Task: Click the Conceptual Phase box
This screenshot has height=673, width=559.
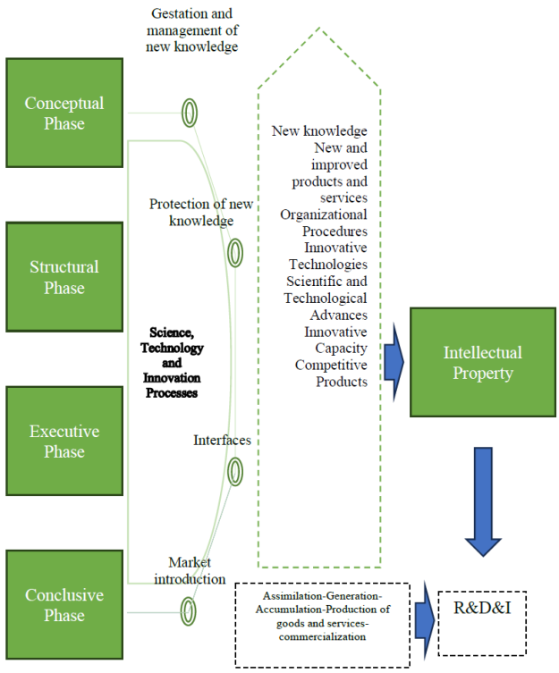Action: [64, 114]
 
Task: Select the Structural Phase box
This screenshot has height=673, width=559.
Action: [64, 277]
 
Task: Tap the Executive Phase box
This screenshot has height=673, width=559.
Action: [64, 442]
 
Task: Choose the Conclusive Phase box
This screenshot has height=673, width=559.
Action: [64, 605]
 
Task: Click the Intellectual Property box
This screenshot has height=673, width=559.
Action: [483, 362]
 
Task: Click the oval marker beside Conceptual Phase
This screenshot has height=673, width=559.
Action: [189, 114]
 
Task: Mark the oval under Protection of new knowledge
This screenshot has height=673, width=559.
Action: [234, 253]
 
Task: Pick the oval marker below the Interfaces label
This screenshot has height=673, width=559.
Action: [235, 470]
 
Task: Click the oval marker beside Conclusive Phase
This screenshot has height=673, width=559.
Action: [188, 610]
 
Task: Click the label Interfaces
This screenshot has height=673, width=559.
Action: [222, 441]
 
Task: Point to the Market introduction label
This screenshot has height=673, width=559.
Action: [197, 570]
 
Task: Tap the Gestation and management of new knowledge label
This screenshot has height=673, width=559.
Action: [194, 30]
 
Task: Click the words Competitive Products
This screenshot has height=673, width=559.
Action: [331, 374]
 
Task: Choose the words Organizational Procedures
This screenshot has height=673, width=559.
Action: [325, 223]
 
